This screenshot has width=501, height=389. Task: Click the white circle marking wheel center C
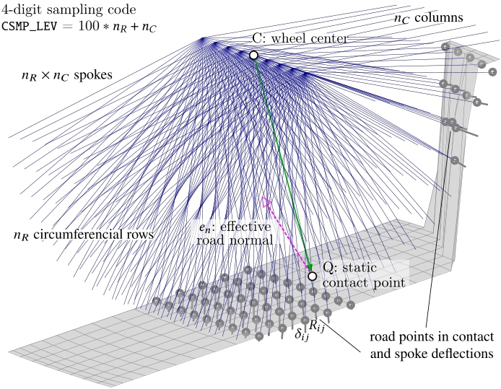253,55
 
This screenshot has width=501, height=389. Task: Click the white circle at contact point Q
312,276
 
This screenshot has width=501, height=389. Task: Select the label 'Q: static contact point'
363,274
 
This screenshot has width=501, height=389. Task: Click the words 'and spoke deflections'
432,354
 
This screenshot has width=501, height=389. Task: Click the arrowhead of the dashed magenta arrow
265,200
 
